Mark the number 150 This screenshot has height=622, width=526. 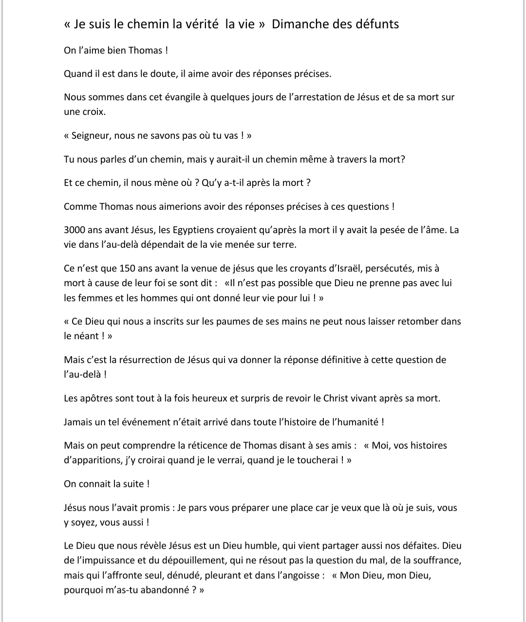[x=128, y=268]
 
